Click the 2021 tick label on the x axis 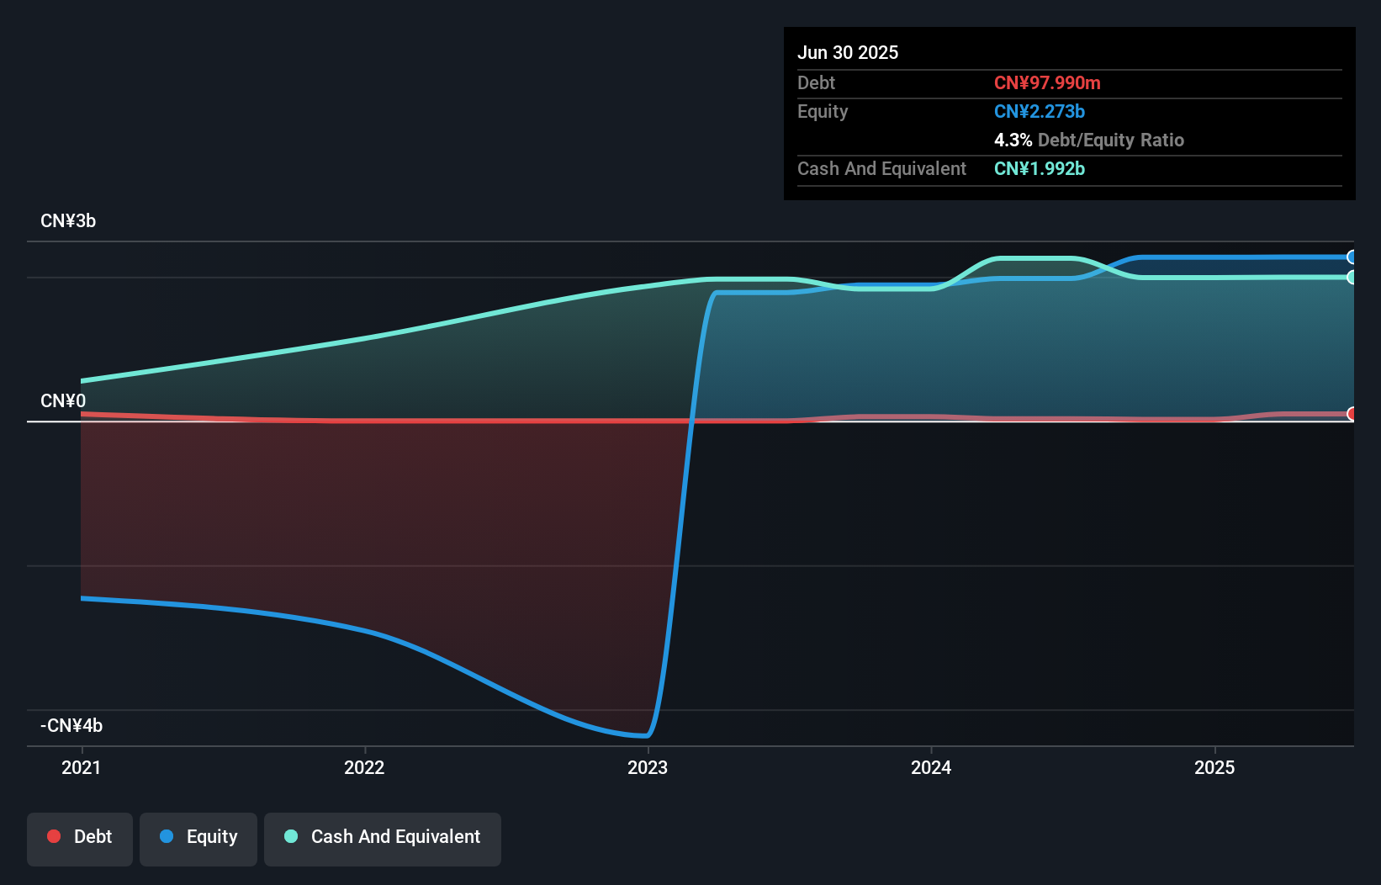[x=81, y=767]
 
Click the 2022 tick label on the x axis [x=364, y=767]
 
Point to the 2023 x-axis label [x=648, y=767]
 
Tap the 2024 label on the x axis [x=931, y=767]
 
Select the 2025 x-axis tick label [x=1214, y=767]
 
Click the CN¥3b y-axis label [x=68, y=221]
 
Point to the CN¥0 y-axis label [x=63, y=400]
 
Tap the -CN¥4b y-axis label [x=71, y=725]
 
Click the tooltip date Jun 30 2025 [x=848, y=52]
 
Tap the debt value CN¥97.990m [x=1047, y=82]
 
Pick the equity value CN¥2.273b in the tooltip [x=1040, y=111]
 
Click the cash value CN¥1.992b [x=1040, y=168]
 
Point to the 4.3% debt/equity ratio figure [x=1013, y=140]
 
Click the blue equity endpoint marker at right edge [x=1352, y=257]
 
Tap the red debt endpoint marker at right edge [x=1352, y=414]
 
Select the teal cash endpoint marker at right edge [x=1352, y=277]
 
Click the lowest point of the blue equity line [x=646, y=735]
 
